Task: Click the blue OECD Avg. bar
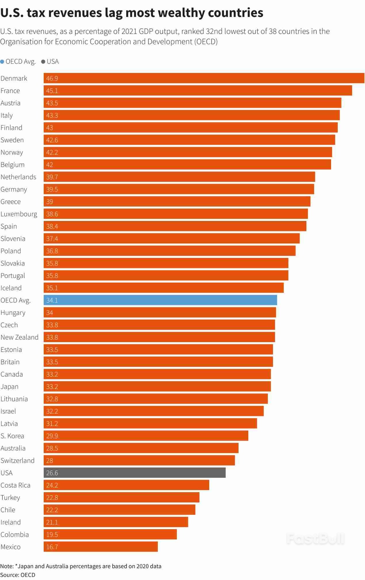[x=160, y=300]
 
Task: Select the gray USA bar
[x=135, y=473]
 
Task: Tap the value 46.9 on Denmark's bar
[x=52, y=78]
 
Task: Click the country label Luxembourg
[x=19, y=214]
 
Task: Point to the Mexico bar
[x=101, y=547]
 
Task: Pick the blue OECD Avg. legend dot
[x=2, y=61]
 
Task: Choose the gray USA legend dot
[x=43, y=61]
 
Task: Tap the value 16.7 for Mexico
[x=52, y=547]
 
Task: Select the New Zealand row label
[x=19, y=337]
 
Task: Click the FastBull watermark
[x=315, y=539]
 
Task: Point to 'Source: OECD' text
[x=18, y=575]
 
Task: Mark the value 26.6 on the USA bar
[x=52, y=473]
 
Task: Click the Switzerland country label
[x=18, y=460]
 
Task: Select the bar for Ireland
[x=116, y=522]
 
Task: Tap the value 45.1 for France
[x=52, y=91]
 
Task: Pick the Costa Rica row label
[x=16, y=485]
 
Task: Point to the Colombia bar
[x=110, y=534]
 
